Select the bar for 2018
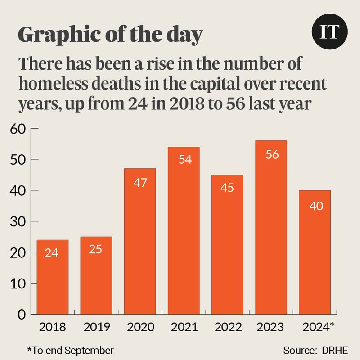(x=52, y=277)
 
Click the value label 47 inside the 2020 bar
(x=140, y=183)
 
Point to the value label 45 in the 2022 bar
(x=227, y=188)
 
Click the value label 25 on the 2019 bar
(x=96, y=249)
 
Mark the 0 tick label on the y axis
(x=21, y=314)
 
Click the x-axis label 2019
(x=96, y=327)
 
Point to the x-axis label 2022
(x=227, y=327)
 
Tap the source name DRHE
(x=335, y=350)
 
